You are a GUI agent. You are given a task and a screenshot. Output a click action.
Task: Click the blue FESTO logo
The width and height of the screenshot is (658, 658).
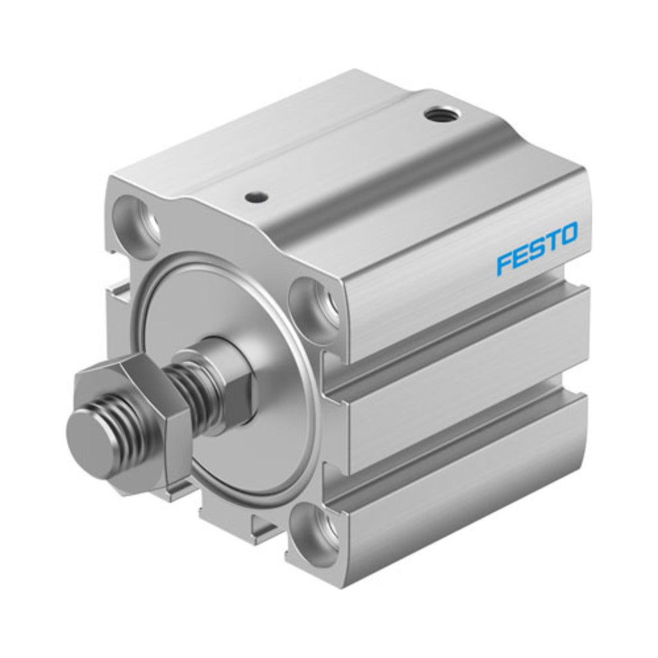coord(537,249)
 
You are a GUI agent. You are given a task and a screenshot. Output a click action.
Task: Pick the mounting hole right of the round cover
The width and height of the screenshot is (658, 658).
coord(315,300)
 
